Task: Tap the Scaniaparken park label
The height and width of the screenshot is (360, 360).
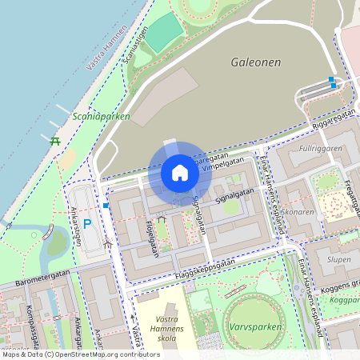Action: pos(101,115)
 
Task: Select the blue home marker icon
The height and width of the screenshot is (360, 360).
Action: pos(180,173)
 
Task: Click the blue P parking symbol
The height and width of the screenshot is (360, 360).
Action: pos(87,225)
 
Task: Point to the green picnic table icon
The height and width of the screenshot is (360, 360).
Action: pos(55,142)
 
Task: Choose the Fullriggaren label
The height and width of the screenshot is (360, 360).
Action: pos(319,149)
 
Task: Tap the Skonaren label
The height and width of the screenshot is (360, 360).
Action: pos(298,212)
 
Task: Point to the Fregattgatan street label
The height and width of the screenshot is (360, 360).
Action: pos(350,192)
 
